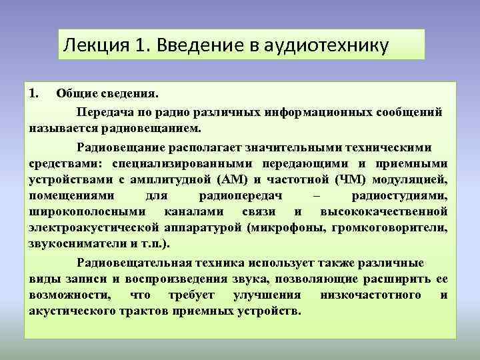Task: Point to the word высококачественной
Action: coord(383,212)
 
